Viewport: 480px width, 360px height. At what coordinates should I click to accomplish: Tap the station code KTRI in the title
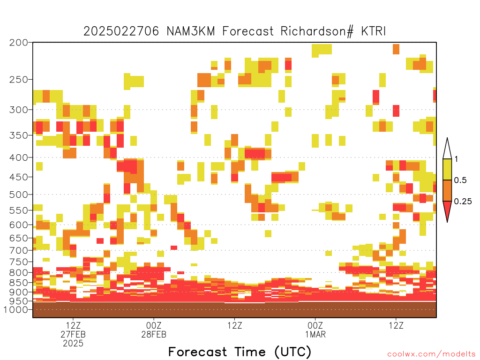373,31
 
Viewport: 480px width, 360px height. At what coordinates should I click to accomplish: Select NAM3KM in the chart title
191,31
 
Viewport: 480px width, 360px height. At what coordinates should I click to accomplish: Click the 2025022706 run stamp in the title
121,31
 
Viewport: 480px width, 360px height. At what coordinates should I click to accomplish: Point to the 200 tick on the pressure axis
18,43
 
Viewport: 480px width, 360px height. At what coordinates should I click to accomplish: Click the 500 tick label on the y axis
18,195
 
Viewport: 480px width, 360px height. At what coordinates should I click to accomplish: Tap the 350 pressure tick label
18,135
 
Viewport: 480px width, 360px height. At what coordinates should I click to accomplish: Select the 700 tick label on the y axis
18,250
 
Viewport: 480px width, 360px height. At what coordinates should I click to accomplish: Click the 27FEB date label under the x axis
73,334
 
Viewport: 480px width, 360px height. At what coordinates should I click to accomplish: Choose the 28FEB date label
154,334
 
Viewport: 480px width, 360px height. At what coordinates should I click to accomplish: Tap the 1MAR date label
315,334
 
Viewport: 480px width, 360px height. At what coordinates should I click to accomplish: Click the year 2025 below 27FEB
73,344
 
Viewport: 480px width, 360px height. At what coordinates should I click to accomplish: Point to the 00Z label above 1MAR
315,325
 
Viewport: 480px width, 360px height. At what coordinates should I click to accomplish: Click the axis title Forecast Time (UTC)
240,352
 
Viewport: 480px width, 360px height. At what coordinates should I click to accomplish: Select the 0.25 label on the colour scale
463,202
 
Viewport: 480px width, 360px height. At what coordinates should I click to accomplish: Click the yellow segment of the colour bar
447,169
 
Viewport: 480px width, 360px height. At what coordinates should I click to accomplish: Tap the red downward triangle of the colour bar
447,210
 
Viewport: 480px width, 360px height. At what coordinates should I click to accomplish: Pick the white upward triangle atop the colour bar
447,150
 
